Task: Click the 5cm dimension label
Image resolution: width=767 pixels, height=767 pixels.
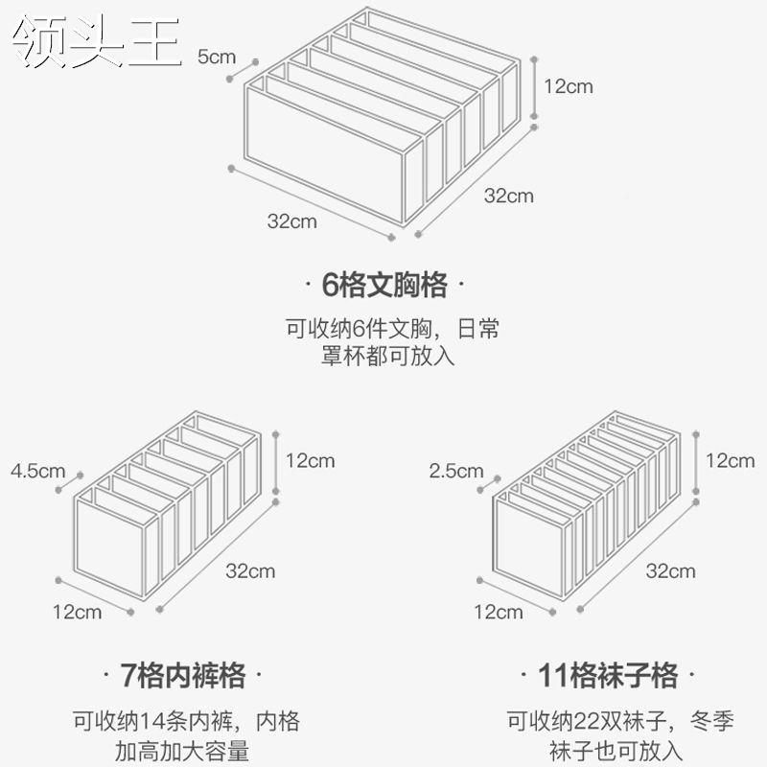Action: coord(216,56)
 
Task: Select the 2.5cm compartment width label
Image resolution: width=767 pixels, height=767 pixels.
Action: coord(456,471)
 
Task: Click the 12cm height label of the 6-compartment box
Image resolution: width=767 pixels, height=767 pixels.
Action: coord(569,86)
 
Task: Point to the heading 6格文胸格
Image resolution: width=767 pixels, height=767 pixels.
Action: coord(384,286)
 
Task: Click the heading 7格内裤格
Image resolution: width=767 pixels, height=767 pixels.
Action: coord(184,676)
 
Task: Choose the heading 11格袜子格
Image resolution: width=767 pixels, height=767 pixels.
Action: coord(607,676)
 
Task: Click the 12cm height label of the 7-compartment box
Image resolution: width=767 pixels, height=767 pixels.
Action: coord(310,460)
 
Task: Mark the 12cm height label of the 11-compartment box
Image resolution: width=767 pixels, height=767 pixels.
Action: coord(731,460)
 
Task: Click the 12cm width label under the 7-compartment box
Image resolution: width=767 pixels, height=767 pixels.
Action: coord(78,611)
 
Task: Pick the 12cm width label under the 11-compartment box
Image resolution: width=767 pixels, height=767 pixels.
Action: coord(499,611)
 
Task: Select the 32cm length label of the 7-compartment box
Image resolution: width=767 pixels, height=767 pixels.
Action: coord(250,571)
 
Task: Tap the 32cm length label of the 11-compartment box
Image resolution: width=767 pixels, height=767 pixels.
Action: coord(670,571)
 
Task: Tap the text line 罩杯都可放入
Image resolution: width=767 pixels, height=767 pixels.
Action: coord(388,357)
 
